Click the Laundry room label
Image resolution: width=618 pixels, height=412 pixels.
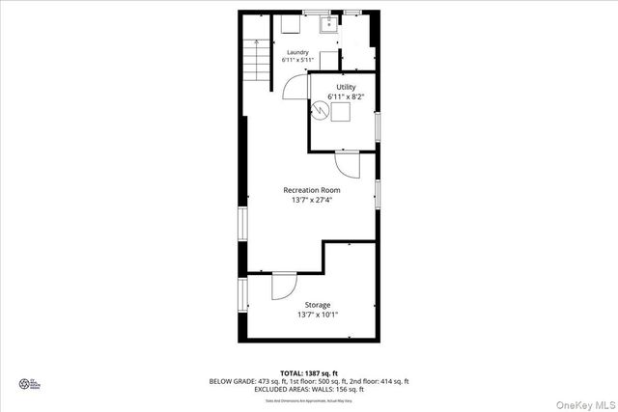point(297,52)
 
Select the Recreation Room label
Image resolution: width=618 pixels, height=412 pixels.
point(311,190)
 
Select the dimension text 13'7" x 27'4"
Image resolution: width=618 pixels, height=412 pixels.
point(311,201)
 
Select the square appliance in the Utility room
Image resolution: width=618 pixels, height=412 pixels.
point(341,112)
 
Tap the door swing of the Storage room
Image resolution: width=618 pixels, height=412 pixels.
point(284,286)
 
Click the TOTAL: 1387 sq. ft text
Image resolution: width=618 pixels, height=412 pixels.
point(308,372)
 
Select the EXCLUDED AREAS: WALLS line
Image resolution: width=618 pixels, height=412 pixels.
point(308,389)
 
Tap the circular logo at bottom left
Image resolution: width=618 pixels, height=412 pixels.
point(24,383)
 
